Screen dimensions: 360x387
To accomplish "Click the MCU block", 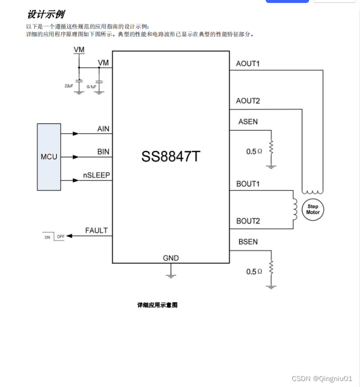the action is point(49,157).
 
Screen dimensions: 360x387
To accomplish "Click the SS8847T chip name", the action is point(171,156).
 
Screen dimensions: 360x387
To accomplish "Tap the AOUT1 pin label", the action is point(248,64).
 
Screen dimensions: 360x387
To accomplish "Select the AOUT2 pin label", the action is point(248,101).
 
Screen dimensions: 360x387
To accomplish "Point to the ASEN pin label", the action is point(248,121).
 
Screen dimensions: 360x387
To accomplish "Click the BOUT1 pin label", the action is point(248,184).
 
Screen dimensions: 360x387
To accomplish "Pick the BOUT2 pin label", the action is point(248,221).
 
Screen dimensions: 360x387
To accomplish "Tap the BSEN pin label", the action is point(248,241).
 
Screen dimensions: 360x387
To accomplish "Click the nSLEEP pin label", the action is point(96,175).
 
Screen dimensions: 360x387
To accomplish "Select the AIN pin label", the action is point(103,129).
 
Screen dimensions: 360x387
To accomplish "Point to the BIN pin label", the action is point(103,152).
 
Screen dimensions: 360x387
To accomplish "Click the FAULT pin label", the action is point(96,231).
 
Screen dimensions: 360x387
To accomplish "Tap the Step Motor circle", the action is point(313,209).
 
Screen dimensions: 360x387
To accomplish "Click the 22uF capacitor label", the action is point(69,85).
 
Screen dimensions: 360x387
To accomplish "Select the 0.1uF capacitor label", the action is point(91,86).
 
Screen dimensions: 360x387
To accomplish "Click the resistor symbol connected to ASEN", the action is point(271,147).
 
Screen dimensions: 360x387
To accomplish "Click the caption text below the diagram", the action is point(157,305).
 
